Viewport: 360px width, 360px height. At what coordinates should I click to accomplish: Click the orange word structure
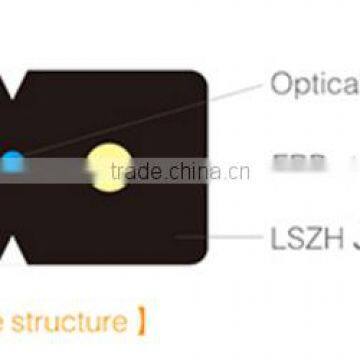pyautogui.click(x=71, y=323)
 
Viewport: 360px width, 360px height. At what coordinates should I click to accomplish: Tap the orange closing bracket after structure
pyautogui.click(x=143, y=323)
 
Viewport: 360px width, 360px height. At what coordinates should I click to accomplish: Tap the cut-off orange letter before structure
pyautogui.click(x=4, y=323)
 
